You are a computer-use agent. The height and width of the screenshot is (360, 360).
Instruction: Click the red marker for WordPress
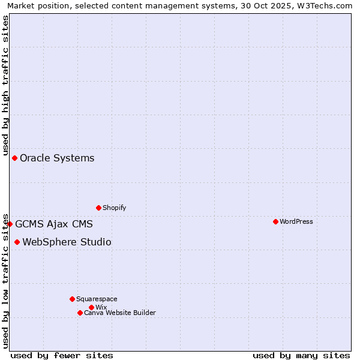[275, 221]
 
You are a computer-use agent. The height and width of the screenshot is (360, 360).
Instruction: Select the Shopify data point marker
[98, 208]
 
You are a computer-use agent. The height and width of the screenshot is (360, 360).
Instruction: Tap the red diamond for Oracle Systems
[14, 158]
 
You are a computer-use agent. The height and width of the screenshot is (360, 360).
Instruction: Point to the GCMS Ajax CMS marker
[10, 224]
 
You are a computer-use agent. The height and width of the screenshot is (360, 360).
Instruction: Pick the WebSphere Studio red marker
[17, 242]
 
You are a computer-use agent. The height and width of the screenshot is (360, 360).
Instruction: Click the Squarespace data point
[72, 299]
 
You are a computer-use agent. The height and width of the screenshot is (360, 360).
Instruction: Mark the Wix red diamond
[91, 307]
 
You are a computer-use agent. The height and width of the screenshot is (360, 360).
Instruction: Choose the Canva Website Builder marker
[80, 313]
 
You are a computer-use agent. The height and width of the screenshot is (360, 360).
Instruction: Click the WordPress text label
[296, 221]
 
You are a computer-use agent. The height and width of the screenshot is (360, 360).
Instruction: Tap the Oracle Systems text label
[57, 158]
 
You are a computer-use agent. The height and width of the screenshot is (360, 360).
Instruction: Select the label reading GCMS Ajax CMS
[54, 224]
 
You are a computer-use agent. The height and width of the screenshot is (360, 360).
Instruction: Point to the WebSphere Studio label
[67, 242]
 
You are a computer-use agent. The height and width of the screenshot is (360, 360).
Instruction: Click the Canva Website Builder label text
[120, 313]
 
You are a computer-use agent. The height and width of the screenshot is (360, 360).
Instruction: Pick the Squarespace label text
[97, 299]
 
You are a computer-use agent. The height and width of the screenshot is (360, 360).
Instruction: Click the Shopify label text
[115, 208]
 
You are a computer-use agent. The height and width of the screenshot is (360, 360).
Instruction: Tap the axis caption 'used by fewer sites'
[62, 355]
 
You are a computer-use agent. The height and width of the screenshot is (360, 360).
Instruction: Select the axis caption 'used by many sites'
[301, 355]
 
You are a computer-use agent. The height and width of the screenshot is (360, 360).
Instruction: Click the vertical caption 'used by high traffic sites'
[5, 85]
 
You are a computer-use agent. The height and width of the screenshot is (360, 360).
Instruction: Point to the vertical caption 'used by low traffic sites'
[5, 280]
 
